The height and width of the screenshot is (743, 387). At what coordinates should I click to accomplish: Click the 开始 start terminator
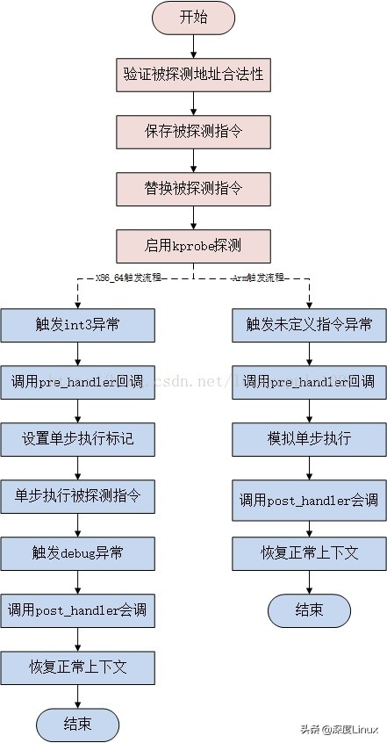tap(193, 18)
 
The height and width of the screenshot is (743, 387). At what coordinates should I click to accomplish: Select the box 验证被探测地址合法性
tap(193, 75)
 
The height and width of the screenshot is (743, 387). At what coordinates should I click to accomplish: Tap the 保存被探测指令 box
tap(193, 132)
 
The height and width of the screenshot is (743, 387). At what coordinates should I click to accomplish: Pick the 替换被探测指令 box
tap(193, 188)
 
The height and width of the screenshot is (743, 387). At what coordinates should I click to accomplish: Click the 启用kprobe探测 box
tap(193, 245)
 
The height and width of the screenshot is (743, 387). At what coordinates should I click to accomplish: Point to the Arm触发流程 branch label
tap(258, 278)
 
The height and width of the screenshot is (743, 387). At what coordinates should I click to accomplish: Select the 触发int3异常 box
tap(78, 325)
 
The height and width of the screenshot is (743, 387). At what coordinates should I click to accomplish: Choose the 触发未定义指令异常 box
tap(309, 325)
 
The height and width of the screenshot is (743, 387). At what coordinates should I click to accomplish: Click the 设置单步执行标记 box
tap(78, 439)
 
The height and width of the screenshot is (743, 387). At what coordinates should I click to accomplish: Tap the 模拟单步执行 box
tap(309, 439)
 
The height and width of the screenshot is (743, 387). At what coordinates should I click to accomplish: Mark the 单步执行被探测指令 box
tap(78, 496)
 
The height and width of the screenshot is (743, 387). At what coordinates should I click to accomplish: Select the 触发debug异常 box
tap(78, 553)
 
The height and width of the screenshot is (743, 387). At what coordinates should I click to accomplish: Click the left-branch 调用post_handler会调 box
tap(78, 610)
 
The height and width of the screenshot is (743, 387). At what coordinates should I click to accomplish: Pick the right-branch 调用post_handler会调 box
tap(309, 497)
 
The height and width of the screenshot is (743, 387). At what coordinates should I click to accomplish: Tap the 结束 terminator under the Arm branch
tap(309, 610)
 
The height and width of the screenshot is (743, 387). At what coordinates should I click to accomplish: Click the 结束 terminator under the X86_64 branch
tap(78, 725)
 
